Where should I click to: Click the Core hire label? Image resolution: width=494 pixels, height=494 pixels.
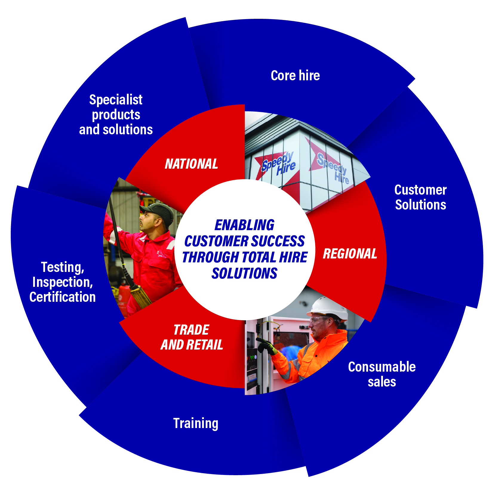295,76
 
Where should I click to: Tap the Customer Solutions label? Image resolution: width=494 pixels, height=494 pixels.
420,197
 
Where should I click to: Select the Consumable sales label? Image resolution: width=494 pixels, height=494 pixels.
382,374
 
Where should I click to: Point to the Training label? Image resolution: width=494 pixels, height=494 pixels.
196,423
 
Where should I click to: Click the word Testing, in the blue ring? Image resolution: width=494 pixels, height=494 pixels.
62,267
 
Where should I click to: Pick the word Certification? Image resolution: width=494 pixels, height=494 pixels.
62,297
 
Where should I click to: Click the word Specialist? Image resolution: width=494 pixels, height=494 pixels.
116,100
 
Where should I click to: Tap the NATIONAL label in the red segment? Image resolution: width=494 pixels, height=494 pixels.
191,164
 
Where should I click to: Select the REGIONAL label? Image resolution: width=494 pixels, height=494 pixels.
350,254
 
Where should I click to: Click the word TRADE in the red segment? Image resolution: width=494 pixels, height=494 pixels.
191,330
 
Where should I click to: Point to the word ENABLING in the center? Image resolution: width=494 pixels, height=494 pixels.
244,225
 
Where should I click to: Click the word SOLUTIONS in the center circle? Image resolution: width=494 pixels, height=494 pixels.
244,273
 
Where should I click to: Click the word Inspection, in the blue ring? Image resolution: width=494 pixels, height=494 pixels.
62,282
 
